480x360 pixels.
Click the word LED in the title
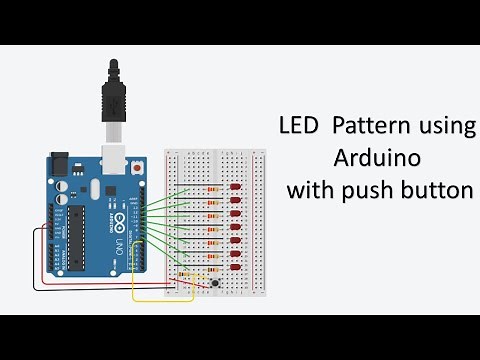[x=297, y=128]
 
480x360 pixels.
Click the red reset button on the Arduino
[x=137, y=169]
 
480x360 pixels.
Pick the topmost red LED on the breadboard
[x=235, y=188]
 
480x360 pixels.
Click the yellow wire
[x=160, y=300]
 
